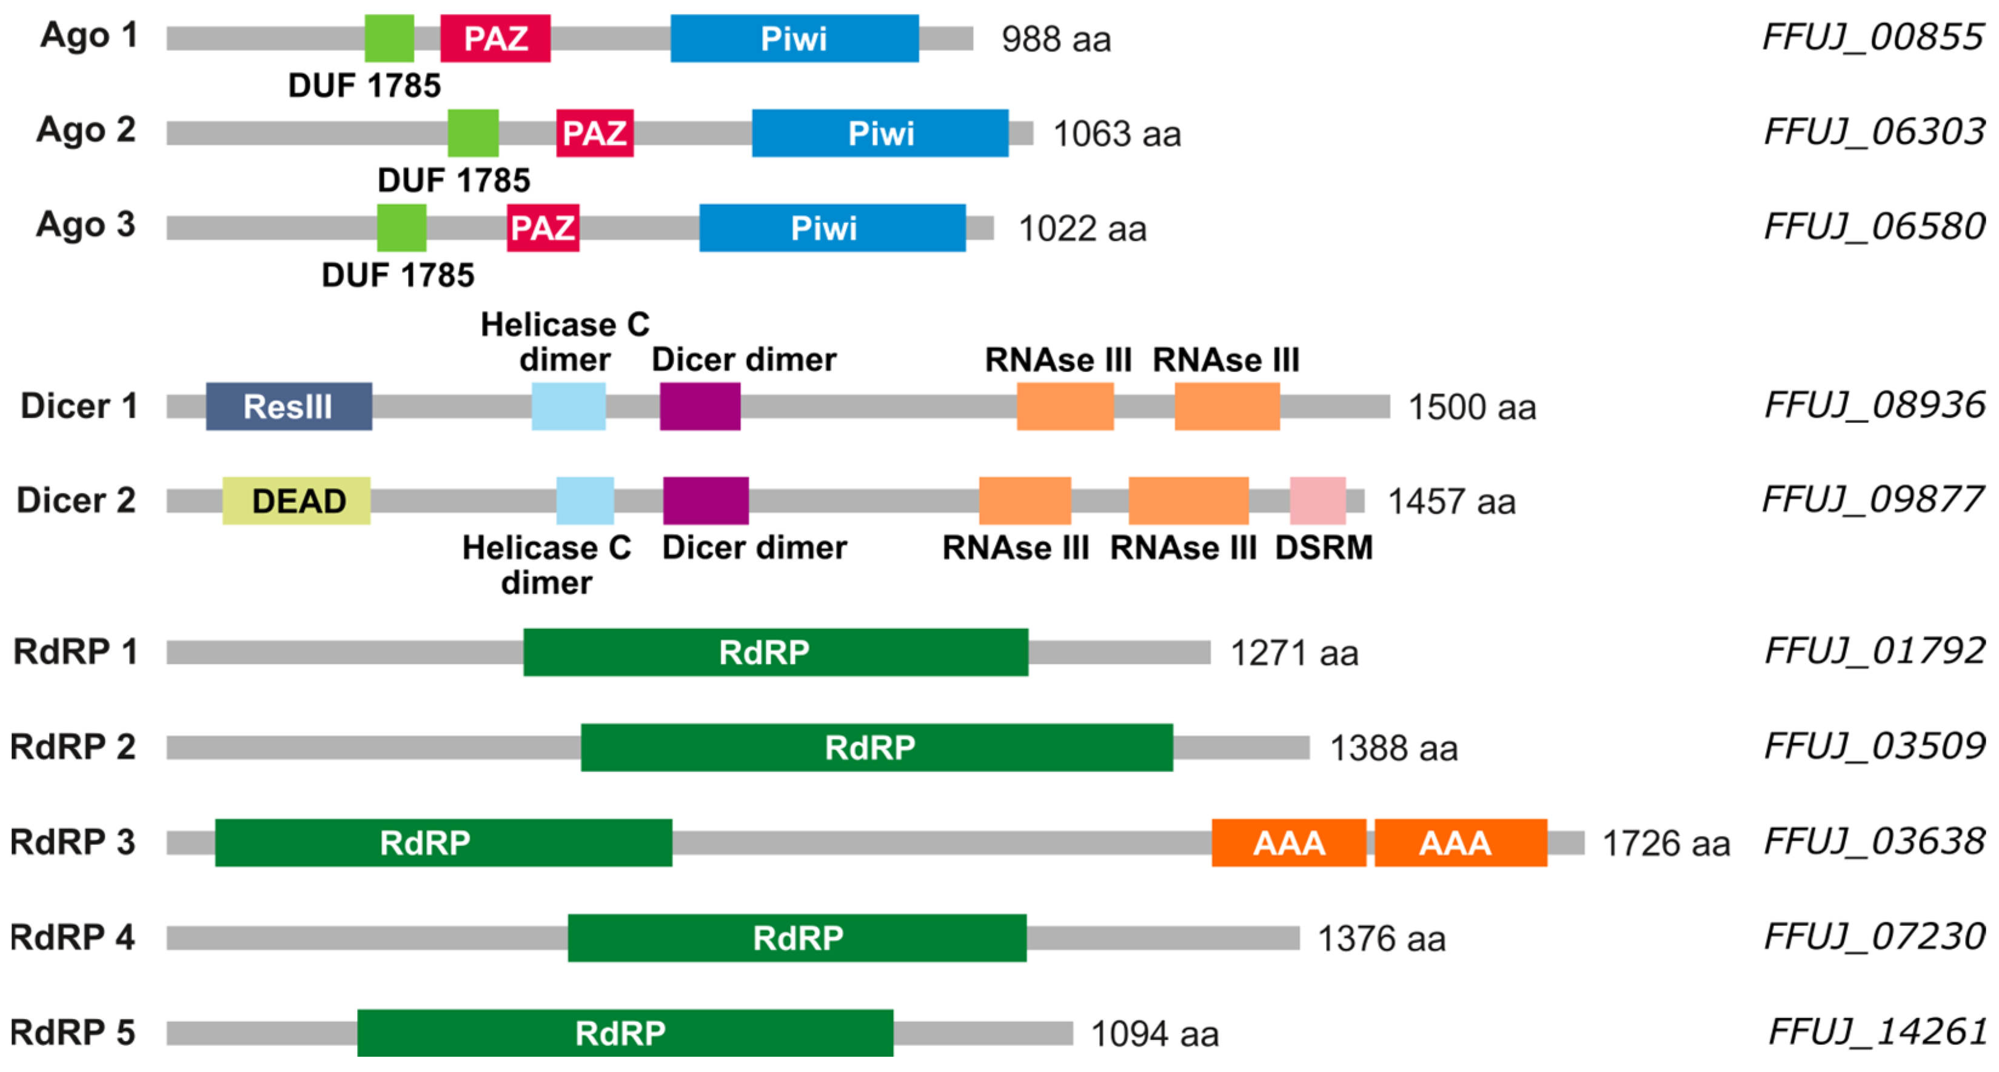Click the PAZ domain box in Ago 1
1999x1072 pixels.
pos(495,38)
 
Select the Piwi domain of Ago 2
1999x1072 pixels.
pos(880,133)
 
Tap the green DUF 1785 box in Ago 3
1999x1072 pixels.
pos(401,228)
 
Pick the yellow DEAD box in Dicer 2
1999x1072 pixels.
pos(296,501)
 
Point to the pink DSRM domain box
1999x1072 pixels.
pos(1317,501)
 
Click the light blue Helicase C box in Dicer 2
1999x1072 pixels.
pos(585,501)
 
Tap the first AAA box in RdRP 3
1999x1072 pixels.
pos(1288,843)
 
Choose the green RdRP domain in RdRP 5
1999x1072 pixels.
pos(624,1033)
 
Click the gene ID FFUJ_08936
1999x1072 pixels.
pos(1874,405)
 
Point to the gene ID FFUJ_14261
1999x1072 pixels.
pos(1877,1031)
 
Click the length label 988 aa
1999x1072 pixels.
pos(1056,39)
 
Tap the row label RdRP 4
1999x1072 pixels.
pos(72,937)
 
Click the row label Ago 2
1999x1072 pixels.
pos(86,130)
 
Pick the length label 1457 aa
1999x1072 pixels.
pos(1451,502)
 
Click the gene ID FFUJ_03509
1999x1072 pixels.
pos(1874,746)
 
